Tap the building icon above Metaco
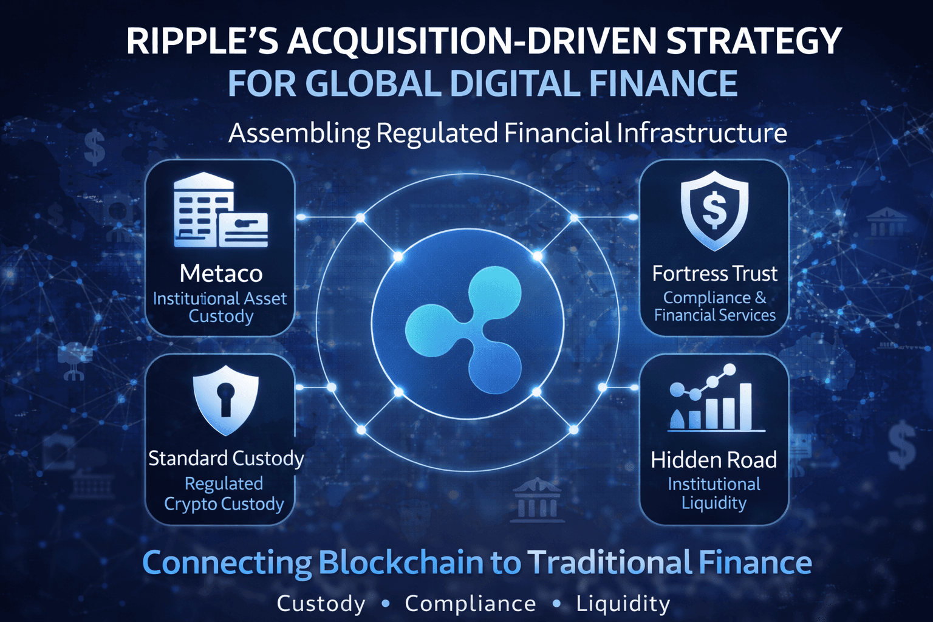tap(220, 210)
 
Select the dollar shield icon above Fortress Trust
tap(714, 210)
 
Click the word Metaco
tap(221, 273)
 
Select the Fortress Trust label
tap(714, 273)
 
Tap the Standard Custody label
tap(226, 458)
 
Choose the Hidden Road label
tap(714, 460)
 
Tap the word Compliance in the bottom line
tap(470, 604)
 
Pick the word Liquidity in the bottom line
tap(623, 604)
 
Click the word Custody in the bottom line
tap(321, 604)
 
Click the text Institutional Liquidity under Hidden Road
tap(714, 493)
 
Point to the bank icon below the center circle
tap(536, 501)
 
